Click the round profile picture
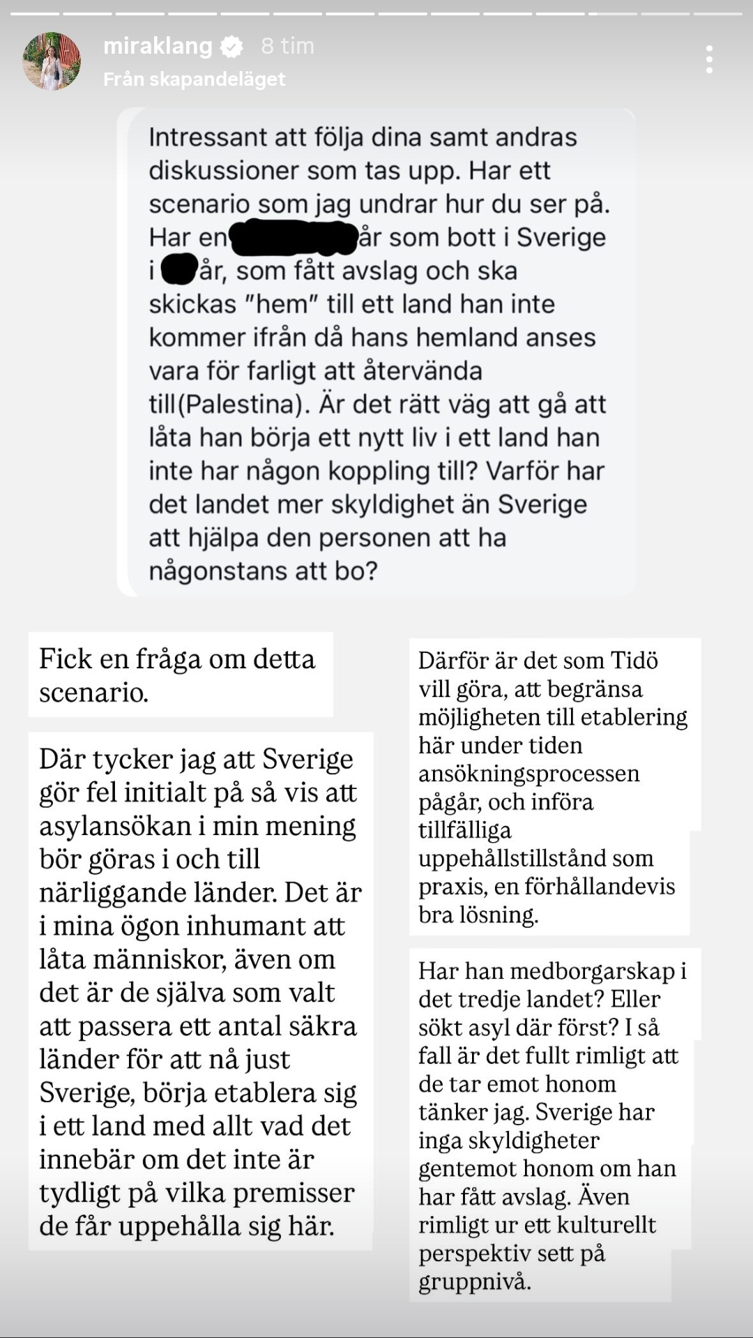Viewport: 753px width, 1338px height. (52, 61)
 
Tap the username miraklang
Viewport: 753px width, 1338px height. (158, 46)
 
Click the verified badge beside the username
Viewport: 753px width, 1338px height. (231, 47)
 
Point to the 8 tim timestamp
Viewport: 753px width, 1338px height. (287, 46)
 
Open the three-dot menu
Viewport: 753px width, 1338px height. (709, 60)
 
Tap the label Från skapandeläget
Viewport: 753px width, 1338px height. (195, 80)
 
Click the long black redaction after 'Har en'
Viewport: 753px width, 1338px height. (294, 238)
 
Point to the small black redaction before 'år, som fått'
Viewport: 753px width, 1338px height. (179, 271)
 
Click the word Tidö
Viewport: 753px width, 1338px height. (634, 660)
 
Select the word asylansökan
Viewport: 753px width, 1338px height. (115, 826)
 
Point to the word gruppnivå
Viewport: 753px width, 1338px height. (475, 1282)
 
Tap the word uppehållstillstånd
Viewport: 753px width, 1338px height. (535, 858)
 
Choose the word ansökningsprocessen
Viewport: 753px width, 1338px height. (528, 774)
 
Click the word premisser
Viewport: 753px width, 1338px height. (294, 1193)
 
